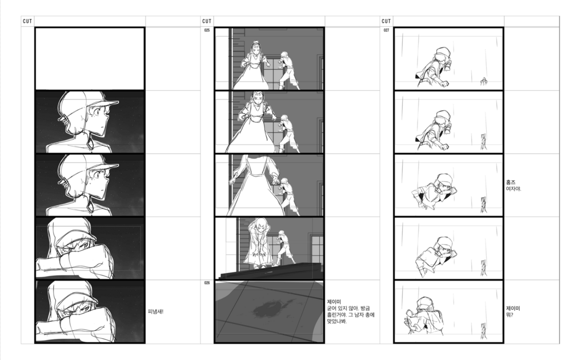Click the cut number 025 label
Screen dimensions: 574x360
click(207, 30)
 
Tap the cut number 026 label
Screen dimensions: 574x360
click(207, 283)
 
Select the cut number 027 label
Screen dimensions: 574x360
click(386, 30)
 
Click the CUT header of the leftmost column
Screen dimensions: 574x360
click(27, 21)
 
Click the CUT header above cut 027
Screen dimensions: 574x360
click(386, 21)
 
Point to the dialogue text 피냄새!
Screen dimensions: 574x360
click(155, 311)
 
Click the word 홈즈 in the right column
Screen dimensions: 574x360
click(511, 182)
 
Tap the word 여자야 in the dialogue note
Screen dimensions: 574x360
click(513, 189)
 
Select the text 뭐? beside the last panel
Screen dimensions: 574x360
click(509, 315)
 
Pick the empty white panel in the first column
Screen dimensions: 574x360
click(90, 59)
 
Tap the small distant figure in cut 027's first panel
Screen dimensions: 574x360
click(484, 81)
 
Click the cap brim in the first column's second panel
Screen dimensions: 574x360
click(107, 104)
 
